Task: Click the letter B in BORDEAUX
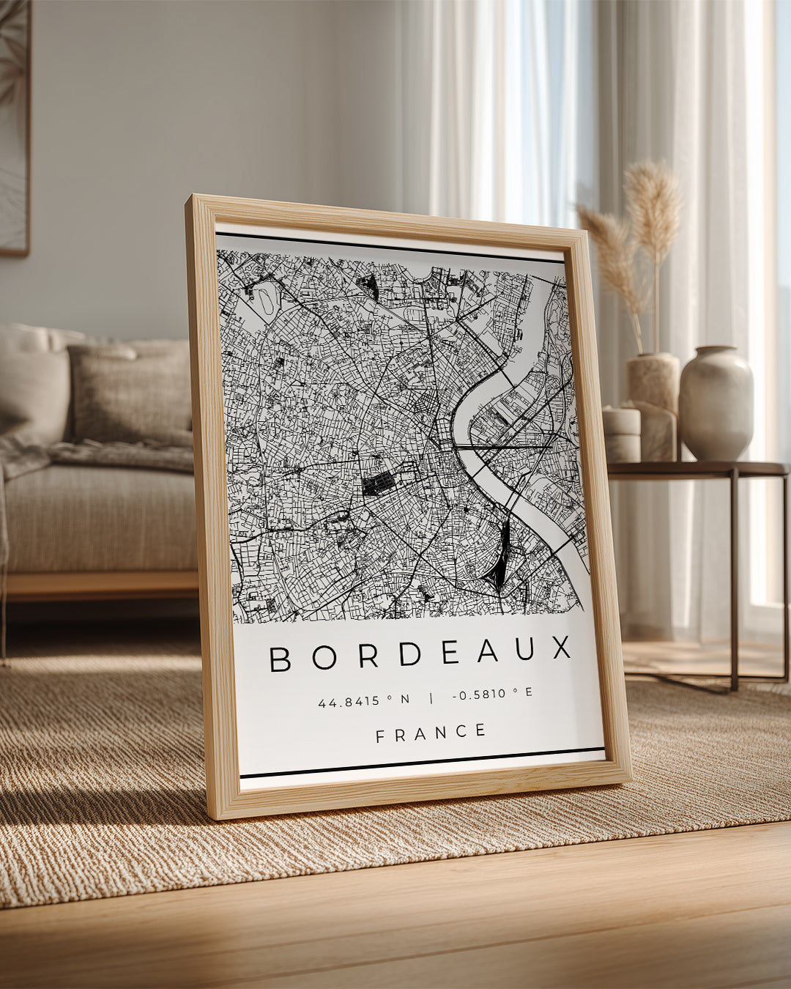(281, 659)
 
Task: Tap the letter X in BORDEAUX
(562, 648)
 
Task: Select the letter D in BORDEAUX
(410, 654)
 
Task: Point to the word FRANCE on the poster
(431, 733)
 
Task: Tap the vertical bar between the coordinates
(431, 697)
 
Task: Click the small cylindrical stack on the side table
(621, 434)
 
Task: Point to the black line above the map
(390, 248)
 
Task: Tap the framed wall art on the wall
(15, 125)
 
